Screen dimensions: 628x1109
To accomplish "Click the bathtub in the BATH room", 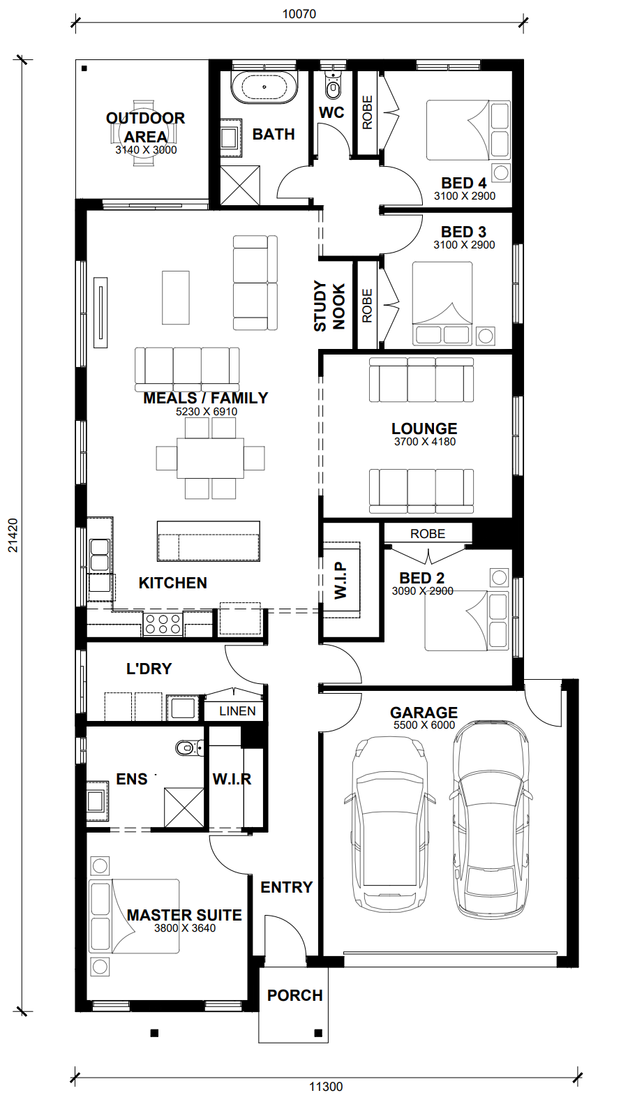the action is click(264, 88).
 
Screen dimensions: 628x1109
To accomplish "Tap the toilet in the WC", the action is click(332, 85).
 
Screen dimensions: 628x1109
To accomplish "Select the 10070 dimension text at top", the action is click(299, 14).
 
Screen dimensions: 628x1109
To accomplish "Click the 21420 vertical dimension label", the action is click(13, 535).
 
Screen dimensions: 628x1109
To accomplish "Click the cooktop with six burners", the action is click(163, 624).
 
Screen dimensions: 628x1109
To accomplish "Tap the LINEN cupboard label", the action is click(237, 711).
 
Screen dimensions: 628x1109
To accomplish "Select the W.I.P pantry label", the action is click(341, 580).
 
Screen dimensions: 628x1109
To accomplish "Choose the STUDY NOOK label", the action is click(329, 306).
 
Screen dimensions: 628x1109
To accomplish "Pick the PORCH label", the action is click(295, 995).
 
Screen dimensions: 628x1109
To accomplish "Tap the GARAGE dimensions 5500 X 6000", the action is click(424, 725).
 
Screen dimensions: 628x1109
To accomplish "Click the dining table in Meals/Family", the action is click(210, 458).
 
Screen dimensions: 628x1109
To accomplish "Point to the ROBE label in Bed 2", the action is click(428, 534).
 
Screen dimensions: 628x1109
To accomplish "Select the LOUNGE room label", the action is click(424, 429).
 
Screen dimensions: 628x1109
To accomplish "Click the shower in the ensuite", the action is click(184, 807).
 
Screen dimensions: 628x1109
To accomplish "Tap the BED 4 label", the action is click(464, 183).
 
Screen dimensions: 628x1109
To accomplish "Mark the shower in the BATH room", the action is click(240, 185).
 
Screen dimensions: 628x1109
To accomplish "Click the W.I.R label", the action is click(232, 780).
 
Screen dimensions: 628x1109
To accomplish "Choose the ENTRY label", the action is click(287, 887).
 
